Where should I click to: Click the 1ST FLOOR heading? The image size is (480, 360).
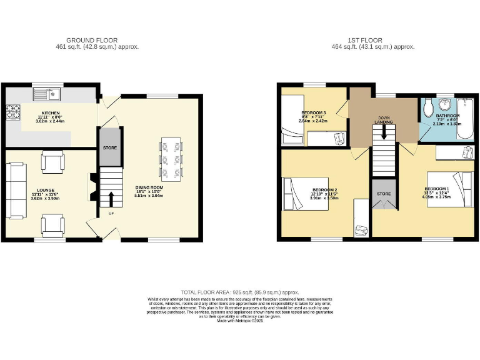[x=374, y=40]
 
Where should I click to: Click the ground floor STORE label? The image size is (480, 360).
[x=110, y=148]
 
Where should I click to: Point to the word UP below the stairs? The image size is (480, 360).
[x=112, y=214]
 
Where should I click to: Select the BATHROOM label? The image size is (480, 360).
[x=447, y=116]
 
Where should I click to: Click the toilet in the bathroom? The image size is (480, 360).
[x=428, y=110]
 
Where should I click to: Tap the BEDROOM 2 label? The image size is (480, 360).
[x=325, y=189]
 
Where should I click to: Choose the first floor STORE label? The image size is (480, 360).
[x=383, y=194]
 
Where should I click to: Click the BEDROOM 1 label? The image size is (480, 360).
[x=437, y=189]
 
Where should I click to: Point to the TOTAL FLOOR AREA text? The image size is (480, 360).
[x=239, y=292]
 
